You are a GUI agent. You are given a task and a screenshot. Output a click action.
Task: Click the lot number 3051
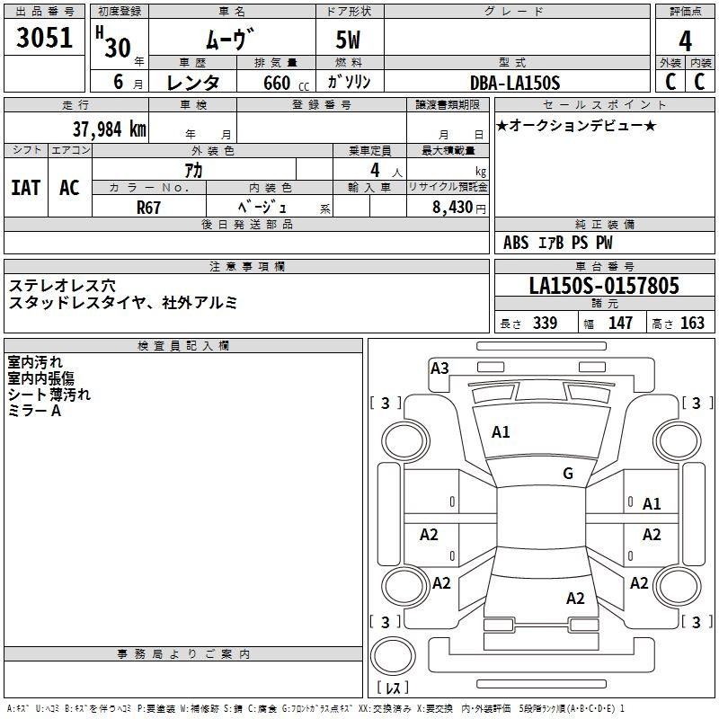click(44, 38)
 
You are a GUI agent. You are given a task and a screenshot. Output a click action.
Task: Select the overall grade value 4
click(685, 41)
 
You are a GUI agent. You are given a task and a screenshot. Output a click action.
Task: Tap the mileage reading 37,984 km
click(109, 129)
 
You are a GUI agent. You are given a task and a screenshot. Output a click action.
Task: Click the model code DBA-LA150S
click(515, 83)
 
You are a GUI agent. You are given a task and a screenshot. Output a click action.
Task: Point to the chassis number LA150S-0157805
click(604, 286)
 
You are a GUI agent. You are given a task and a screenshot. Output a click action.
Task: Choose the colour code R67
click(148, 208)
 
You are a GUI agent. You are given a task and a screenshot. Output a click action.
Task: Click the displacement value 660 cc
click(287, 84)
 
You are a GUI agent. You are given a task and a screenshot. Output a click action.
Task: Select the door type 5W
click(348, 40)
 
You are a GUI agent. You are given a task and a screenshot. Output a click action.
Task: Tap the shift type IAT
click(26, 188)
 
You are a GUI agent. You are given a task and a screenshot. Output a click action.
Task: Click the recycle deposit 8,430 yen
click(458, 208)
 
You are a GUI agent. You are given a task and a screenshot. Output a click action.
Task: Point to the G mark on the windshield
click(568, 474)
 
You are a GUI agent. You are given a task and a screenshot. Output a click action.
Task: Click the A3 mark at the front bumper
click(439, 368)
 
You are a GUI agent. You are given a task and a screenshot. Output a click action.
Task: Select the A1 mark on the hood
click(501, 432)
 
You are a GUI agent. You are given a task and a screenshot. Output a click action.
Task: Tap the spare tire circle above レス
click(393, 656)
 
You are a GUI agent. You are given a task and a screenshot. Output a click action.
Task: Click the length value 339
click(545, 323)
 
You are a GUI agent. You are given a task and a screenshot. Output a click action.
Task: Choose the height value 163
click(692, 323)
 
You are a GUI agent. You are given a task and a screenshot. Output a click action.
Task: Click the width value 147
click(620, 323)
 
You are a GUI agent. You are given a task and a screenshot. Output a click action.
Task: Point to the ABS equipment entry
click(516, 243)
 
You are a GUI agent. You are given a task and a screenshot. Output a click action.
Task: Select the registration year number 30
click(118, 49)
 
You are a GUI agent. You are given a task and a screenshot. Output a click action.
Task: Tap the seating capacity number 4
click(375, 170)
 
